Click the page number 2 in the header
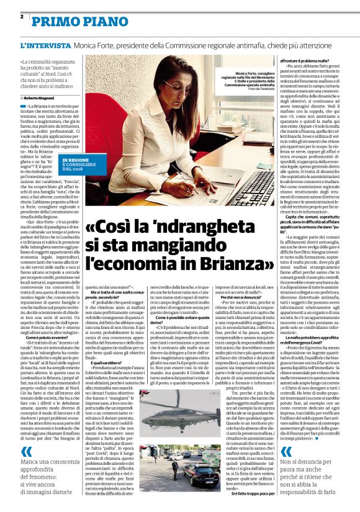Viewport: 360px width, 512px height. (x=22, y=16)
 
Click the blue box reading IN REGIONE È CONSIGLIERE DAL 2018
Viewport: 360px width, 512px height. (x=78, y=163)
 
